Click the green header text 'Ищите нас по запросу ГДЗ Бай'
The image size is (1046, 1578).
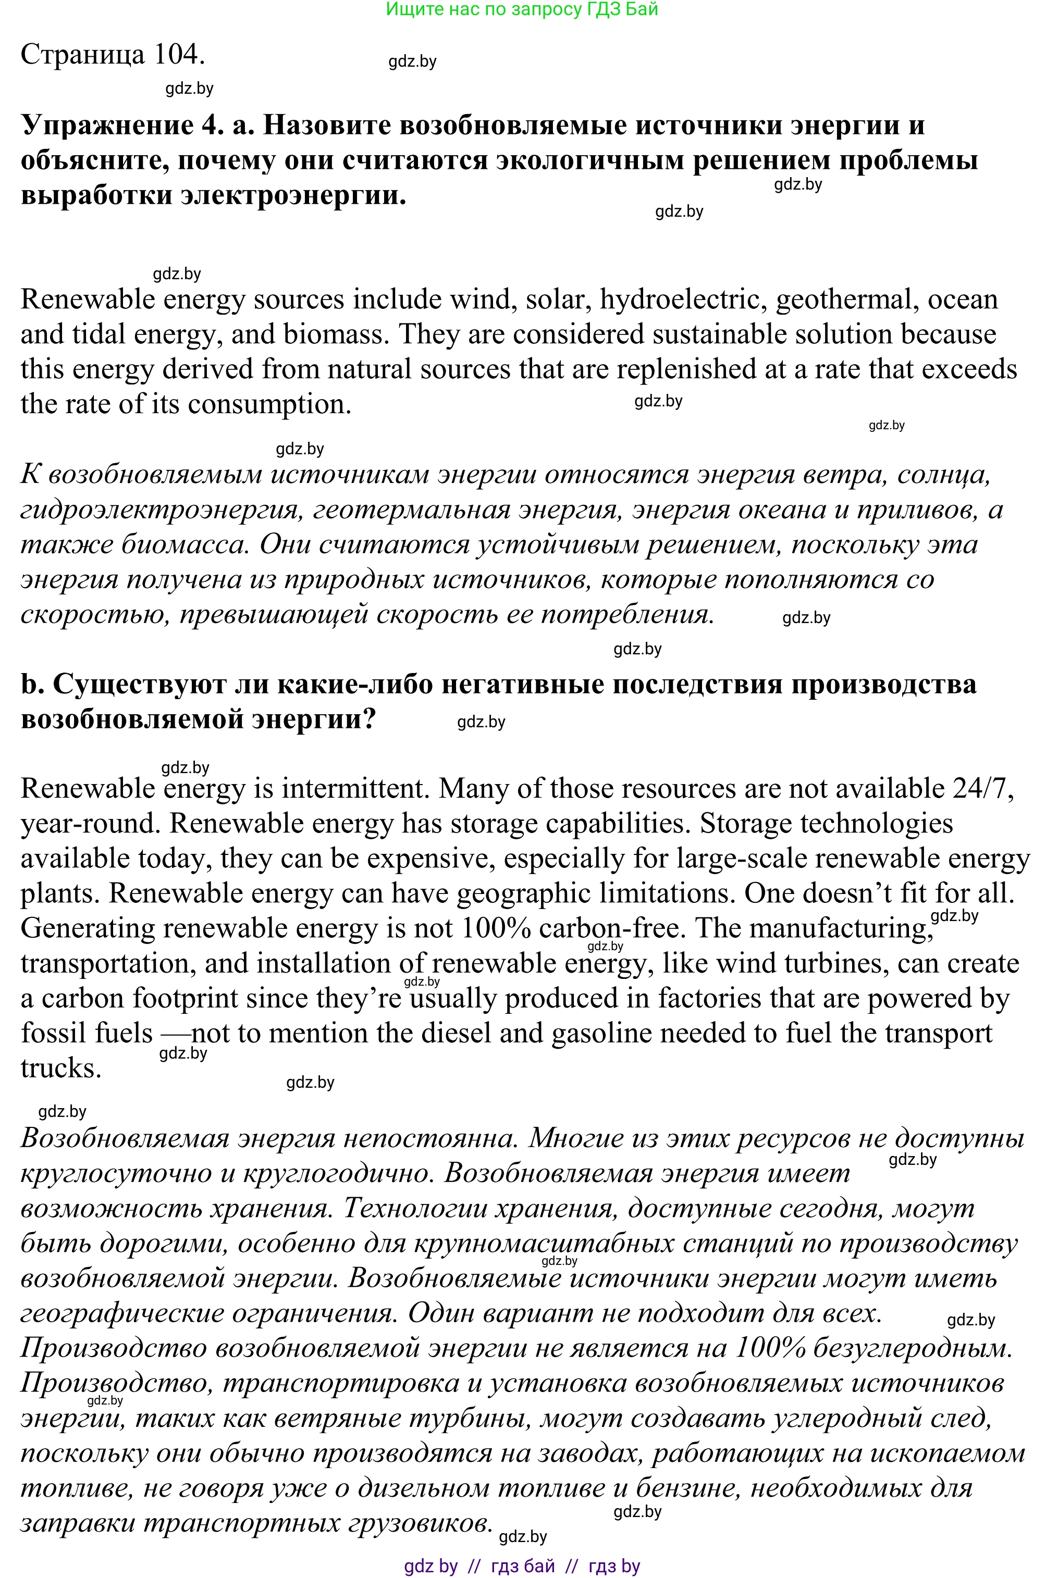click(522, 9)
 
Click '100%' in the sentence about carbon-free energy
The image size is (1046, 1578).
click(495, 929)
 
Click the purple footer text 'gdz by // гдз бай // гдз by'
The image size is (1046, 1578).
click(522, 1566)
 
